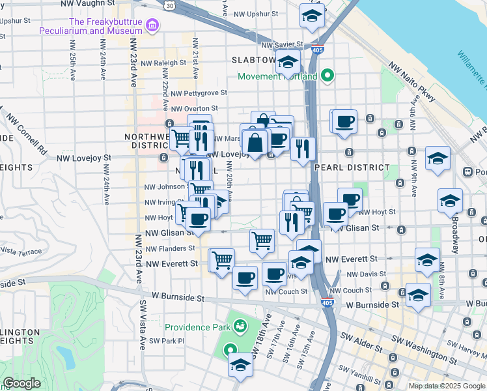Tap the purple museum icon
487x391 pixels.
click(152, 26)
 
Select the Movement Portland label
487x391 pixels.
click(277, 76)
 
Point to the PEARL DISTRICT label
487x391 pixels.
click(342, 167)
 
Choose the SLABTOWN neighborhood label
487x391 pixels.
click(254, 60)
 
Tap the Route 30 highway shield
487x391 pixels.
click(169, 5)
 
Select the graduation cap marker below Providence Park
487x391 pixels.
click(240, 365)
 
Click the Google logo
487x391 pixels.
click(21, 383)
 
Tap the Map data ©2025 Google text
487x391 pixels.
click(447, 386)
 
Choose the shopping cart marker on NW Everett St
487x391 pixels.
click(221, 260)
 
